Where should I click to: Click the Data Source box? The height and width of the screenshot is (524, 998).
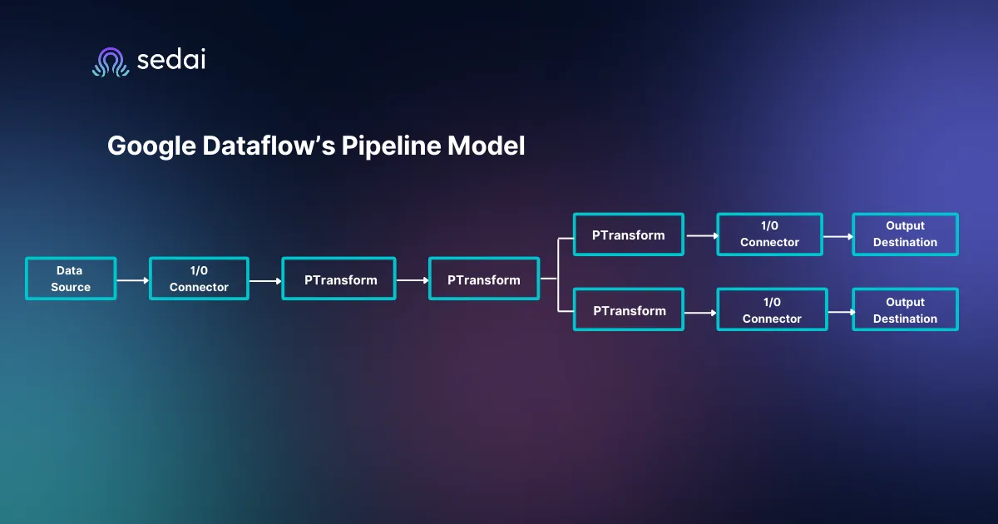[71, 279]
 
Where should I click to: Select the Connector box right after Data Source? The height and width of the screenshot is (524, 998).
[199, 279]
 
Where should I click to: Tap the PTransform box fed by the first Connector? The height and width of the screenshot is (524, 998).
[339, 279]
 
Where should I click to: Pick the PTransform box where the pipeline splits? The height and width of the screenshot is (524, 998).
[483, 279]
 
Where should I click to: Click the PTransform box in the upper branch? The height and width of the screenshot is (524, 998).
[628, 235]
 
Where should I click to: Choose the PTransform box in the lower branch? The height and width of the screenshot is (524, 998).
[629, 310]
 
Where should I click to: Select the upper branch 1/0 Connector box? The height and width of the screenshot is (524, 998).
[769, 234]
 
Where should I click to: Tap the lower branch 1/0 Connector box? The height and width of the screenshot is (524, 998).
[772, 310]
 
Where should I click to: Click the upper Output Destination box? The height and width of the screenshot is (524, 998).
[905, 234]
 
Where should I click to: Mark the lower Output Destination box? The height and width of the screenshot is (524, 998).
[905, 310]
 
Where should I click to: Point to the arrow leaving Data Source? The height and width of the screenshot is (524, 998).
[133, 280]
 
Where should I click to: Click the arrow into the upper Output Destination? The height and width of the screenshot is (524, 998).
[837, 236]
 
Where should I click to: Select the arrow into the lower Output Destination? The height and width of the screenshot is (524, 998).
[840, 311]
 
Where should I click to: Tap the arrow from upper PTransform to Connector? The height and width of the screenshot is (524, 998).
[700, 236]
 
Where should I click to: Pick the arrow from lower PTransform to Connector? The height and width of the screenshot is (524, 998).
[700, 313]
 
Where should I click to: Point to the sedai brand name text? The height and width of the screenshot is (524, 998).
[170, 60]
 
